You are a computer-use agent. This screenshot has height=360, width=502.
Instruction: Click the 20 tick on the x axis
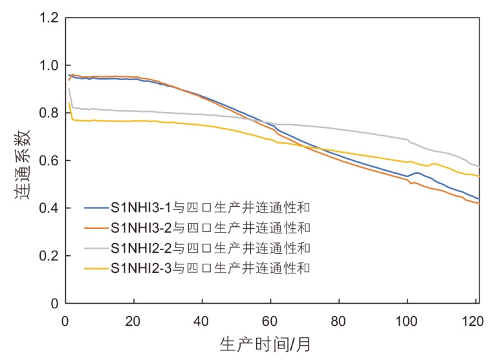(134, 321)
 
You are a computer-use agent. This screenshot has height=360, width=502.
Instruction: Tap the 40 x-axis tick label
(202, 321)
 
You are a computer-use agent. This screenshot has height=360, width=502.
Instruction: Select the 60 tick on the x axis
(271, 321)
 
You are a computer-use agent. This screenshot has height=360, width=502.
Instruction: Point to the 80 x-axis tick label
(340, 321)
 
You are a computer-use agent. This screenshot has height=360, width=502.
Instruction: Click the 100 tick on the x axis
(408, 321)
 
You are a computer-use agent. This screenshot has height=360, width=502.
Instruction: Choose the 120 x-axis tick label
(475, 321)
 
